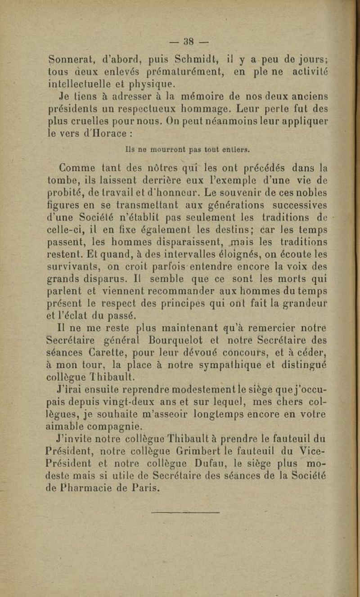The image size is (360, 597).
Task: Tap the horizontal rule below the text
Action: [185, 512]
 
